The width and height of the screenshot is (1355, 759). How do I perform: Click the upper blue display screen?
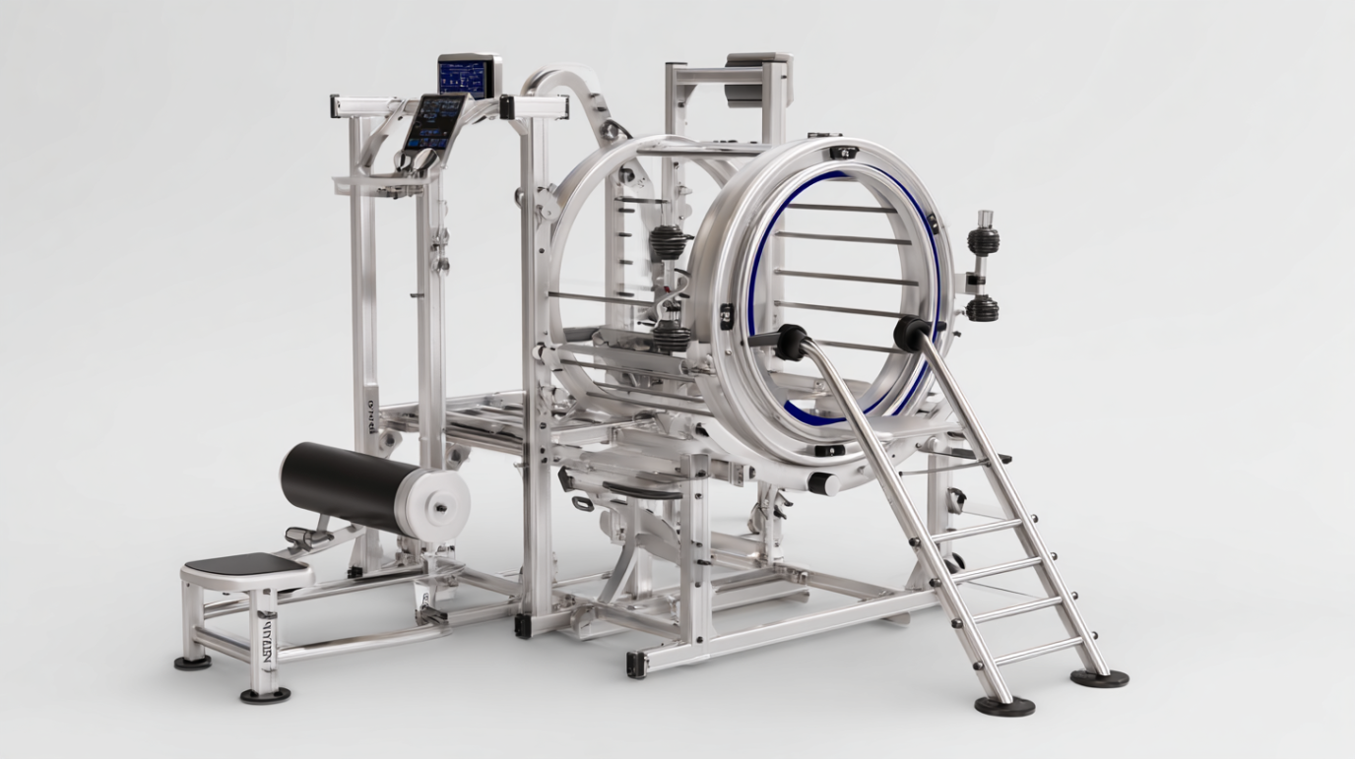pyautogui.click(x=466, y=77)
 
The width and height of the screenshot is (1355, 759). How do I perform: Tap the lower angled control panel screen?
pyautogui.click(x=433, y=122)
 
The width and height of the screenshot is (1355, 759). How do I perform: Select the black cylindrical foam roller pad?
pyautogui.click(x=340, y=485)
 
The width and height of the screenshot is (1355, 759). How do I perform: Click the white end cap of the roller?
pyautogui.click(x=437, y=503)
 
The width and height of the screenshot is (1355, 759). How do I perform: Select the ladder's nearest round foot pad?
pyautogui.click(x=1004, y=705)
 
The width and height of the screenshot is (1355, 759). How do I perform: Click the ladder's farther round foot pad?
pyautogui.click(x=1099, y=677)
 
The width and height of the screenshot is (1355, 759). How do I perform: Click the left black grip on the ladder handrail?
pyautogui.click(x=790, y=342)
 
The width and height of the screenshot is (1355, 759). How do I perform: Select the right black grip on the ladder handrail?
pyautogui.click(x=913, y=334)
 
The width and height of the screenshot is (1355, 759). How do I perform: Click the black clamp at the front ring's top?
pyautogui.click(x=844, y=153)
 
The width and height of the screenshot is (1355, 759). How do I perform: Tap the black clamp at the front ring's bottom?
pyautogui.click(x=828, y=451)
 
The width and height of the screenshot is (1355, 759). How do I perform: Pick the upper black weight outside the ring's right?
pyautogui.click(x=982, y=241)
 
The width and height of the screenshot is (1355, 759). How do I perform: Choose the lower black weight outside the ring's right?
pyautogui.click(x=982, y=308)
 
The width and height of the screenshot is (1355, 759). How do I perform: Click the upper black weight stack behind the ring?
pyautogui.click(x=668, y=242)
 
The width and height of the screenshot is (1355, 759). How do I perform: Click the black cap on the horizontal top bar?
pyautogui.click(x=507, y=106)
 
